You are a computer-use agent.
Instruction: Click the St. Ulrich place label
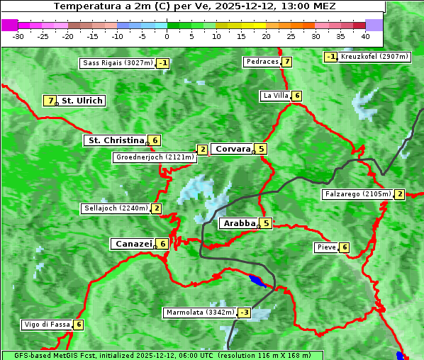pos(82,101)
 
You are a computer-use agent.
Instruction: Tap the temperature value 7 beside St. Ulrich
pos(50,101)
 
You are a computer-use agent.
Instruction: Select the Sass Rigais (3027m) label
pos(117,63)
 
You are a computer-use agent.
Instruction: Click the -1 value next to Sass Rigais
pos(163,63)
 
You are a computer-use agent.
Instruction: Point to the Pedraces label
pos(262,62)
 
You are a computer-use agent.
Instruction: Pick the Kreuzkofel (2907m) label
pos(374,57)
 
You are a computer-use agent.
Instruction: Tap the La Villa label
pos(275,96)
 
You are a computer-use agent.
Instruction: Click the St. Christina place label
pos(115,140)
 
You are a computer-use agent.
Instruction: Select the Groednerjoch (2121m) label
pos(154,157)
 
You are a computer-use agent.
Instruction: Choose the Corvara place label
pos(233,149)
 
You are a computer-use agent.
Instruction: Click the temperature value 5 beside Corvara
pos(262,149)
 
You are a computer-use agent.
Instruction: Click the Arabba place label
pos(239,223)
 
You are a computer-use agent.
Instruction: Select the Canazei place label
pos(133,244)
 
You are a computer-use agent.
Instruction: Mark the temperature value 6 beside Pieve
pos(344,247)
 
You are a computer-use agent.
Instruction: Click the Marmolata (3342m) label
pos(199,313)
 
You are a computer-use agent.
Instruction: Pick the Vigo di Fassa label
pos(47,325)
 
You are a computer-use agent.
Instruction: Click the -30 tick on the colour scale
pos(18,36)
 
